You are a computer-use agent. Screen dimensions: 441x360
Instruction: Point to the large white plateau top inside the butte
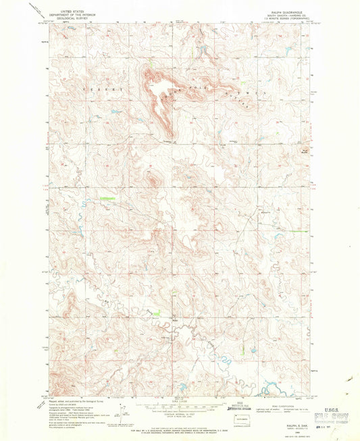[157, 89]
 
